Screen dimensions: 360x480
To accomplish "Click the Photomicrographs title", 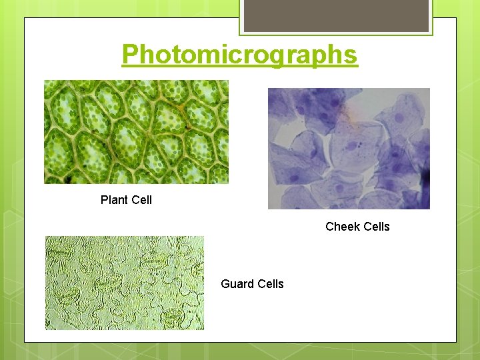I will click(x=239, y=55).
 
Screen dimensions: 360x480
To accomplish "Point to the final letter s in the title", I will click(x=351, y=55).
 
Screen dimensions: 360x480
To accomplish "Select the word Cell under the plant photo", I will click(x=142, y=200).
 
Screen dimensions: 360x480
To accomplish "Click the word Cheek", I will click(x=341, y=227).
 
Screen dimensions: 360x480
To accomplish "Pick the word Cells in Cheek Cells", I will click(x=375, y=227).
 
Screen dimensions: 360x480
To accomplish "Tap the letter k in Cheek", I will click(x=355, y=227).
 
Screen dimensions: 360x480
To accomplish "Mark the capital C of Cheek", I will click(x=329, y=227).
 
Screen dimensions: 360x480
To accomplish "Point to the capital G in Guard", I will click(x=225, y=284).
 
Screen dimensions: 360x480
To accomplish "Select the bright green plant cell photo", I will click(x=136, y=132).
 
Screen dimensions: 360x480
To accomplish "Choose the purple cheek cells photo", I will click(x=349, y=149).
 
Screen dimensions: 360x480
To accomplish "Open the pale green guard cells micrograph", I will click(x=125, y=283).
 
